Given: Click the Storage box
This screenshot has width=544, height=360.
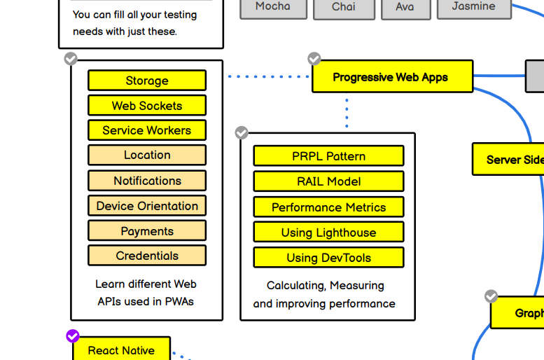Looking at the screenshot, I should coord(147,81).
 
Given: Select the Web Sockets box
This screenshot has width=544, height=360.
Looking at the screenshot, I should coord(147,106).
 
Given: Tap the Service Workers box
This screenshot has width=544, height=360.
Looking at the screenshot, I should coord(147,130).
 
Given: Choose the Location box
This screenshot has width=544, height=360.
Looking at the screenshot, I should coord(147,155).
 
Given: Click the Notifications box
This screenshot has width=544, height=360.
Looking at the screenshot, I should coord(147,181).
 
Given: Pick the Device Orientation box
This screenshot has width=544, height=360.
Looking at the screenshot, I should coord(147,206).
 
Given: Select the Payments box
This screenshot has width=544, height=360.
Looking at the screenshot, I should coord(147,231).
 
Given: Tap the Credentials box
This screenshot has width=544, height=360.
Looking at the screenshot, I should coord(147,256).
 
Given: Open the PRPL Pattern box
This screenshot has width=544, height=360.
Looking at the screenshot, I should coord(328,156).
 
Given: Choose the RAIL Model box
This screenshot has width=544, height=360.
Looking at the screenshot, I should coord(328,181).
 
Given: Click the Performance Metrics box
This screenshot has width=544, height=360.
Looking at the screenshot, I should coord(328,207).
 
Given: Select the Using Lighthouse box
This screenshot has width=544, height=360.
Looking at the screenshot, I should coord(328,233).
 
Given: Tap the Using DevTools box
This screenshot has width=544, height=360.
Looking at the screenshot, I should coord(328,258).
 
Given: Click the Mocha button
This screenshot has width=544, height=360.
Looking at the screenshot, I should coord(273,7).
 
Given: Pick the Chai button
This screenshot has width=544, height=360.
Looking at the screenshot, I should coord(343,8).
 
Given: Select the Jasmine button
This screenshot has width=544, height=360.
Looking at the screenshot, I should coord(473,7).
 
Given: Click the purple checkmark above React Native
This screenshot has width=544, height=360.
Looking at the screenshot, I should coord(73,336).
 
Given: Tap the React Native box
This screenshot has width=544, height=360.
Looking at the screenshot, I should coord(122,350).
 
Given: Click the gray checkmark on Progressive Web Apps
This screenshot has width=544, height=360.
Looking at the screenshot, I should coord(314,58).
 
